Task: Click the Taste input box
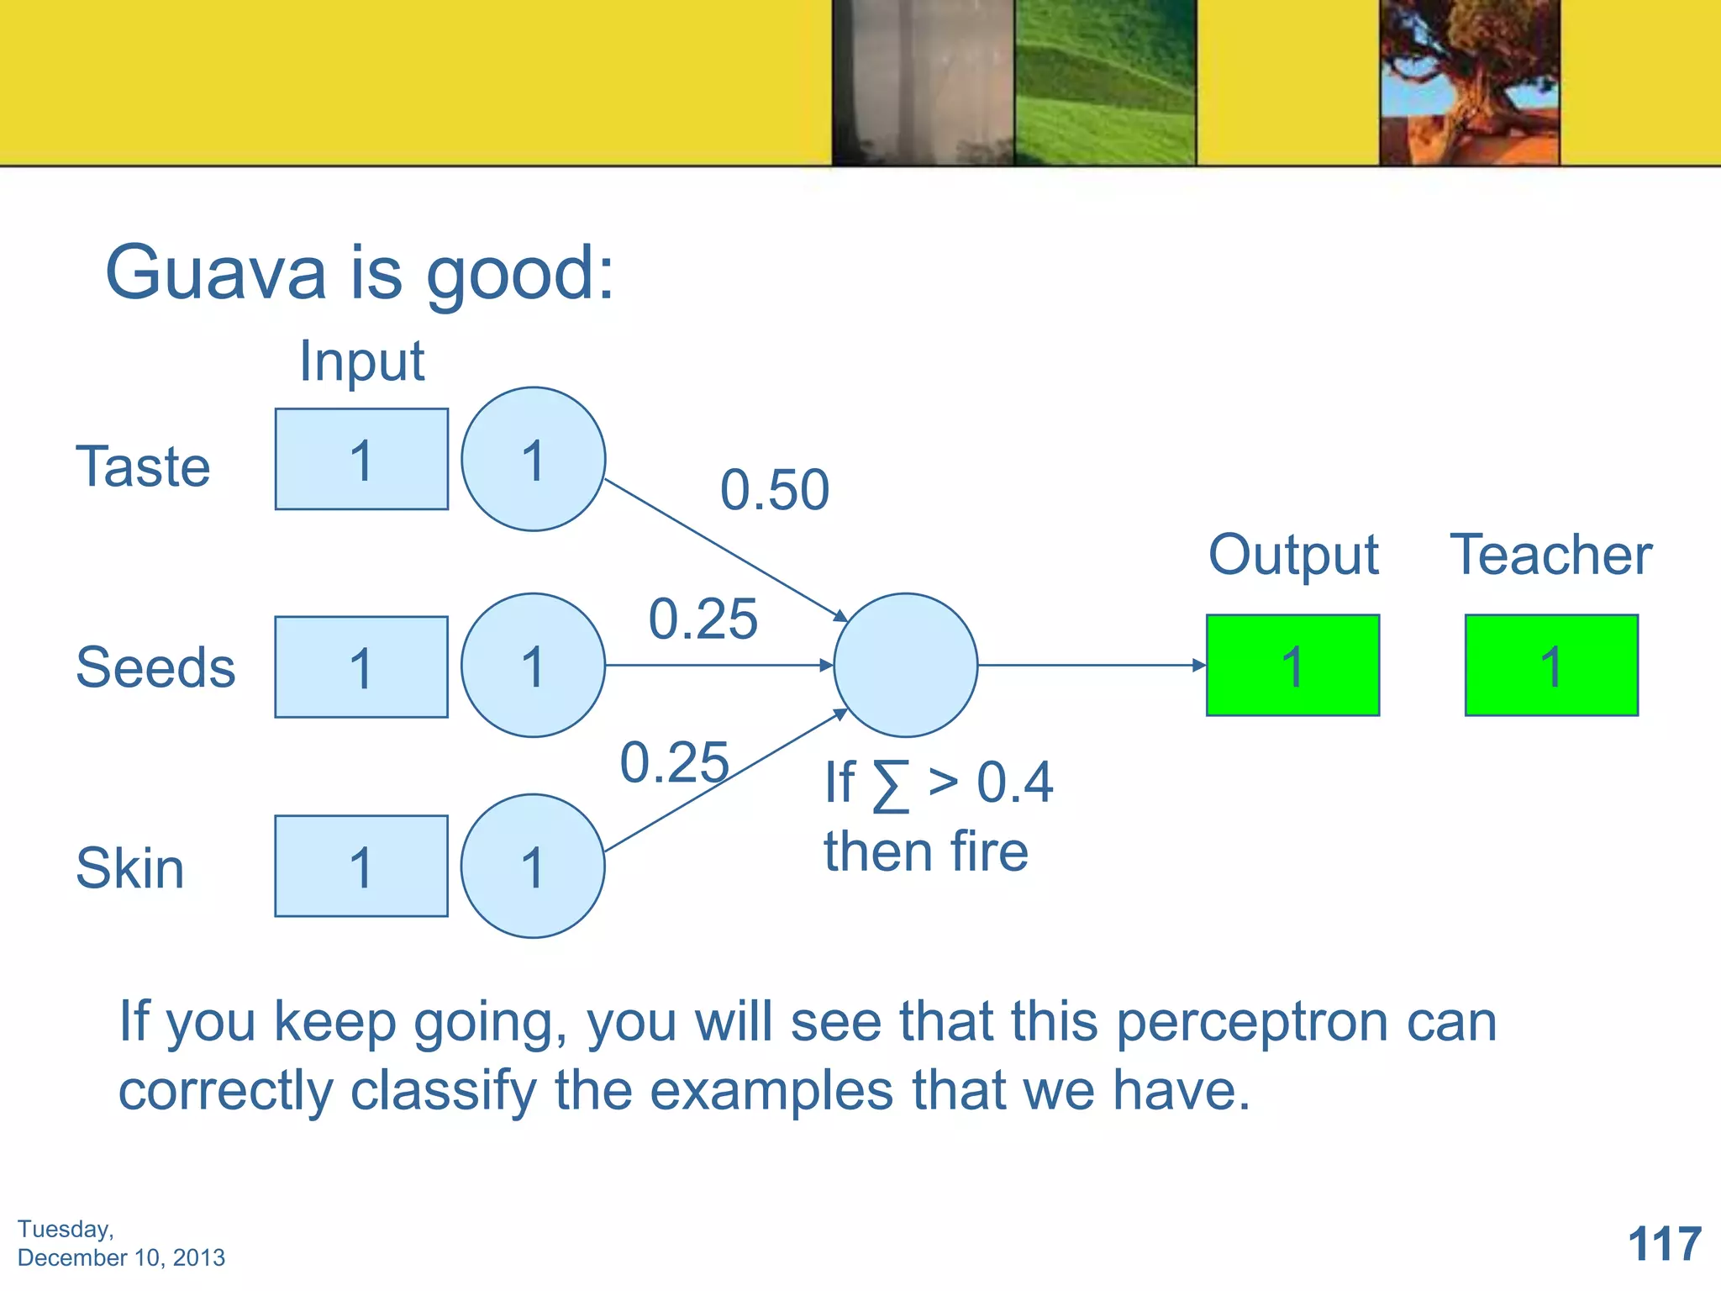point(361,459)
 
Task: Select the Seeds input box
point(361,667)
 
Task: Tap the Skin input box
point(361,866)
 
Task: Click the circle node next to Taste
point(533,459)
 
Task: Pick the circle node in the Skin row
point(533,866)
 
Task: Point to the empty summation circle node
point(905,665)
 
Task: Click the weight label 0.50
point(774,489)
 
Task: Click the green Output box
point(1292,665)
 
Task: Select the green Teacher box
point(1551,665)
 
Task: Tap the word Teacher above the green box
point(1551,555)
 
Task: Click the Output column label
point(1292,555)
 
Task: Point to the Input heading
point(361,361)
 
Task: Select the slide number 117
point(1664,1244)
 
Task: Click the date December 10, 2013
point(121,1257)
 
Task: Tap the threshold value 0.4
point(1014,783)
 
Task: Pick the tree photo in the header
point(1469,82)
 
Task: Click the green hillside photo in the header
point(1105,82)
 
